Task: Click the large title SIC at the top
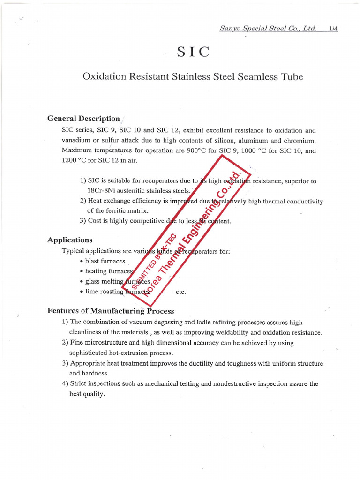pyautogui.click(x=193, y=52)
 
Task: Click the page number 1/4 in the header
pyautogui.click(x=333, y=28)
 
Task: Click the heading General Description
pyautogui.click(x=83, y=119)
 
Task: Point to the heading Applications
pyautogui.click(x=70, y=240)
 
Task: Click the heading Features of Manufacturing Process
pyautogui.click(x=111, y=311)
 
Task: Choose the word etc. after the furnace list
pyautogui.click(x=180, y=292)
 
